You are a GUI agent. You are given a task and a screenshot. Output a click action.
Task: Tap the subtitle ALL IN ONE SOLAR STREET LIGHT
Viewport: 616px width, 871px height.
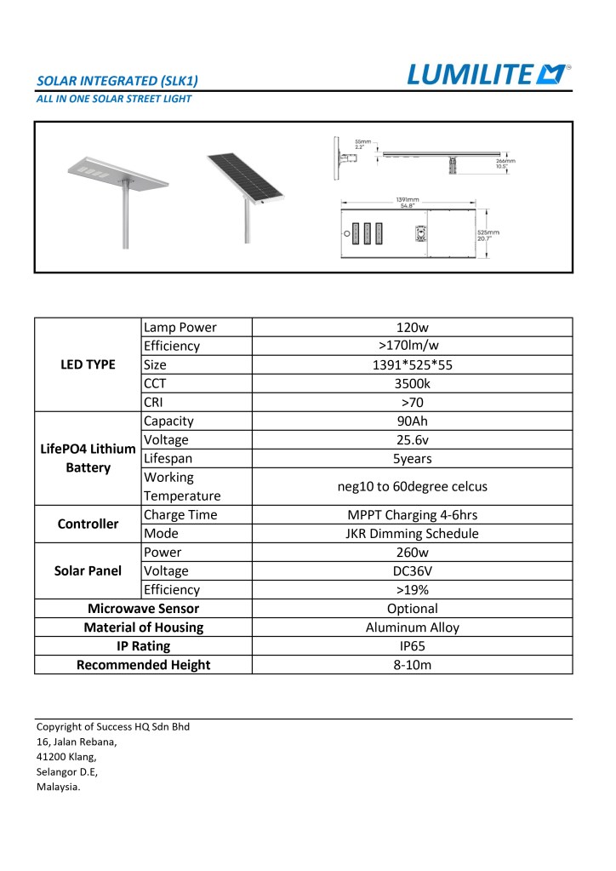(113, 99)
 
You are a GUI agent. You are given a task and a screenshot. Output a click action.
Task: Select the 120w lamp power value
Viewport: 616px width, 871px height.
(412, 327)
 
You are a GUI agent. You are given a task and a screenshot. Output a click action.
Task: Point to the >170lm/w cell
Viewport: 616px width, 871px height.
(412, 346)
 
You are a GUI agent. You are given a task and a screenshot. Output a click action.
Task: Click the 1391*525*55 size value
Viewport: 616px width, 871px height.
(412, 364)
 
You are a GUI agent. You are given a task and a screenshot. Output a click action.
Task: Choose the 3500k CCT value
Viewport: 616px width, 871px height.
(412, 383)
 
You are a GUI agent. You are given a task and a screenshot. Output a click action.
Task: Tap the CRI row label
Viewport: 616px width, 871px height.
(154, 402)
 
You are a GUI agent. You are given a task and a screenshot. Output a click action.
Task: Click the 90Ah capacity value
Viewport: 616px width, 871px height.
(412, 421)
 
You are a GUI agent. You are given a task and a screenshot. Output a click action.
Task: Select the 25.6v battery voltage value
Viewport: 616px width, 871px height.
(412, 439)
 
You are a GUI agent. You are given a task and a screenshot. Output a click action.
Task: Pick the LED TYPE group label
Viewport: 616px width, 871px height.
(88, 364)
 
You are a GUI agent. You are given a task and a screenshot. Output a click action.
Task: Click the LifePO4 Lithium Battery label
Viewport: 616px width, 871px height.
(88, 458)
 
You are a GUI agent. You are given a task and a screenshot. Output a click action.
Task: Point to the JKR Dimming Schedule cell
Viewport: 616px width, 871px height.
(412, 534)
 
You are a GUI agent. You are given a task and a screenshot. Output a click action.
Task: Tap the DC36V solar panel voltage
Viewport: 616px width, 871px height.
(412, 571)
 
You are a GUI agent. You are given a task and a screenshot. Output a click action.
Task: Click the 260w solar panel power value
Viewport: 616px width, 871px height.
(412, 553)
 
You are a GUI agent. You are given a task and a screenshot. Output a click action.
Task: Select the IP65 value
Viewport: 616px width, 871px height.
(412, 646)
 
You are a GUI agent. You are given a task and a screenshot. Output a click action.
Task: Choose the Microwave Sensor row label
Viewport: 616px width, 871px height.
(143, 609)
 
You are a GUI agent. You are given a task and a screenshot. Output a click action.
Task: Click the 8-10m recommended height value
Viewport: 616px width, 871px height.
(412, 665)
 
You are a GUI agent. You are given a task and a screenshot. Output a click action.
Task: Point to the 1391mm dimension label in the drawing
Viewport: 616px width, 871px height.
(406, 201)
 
